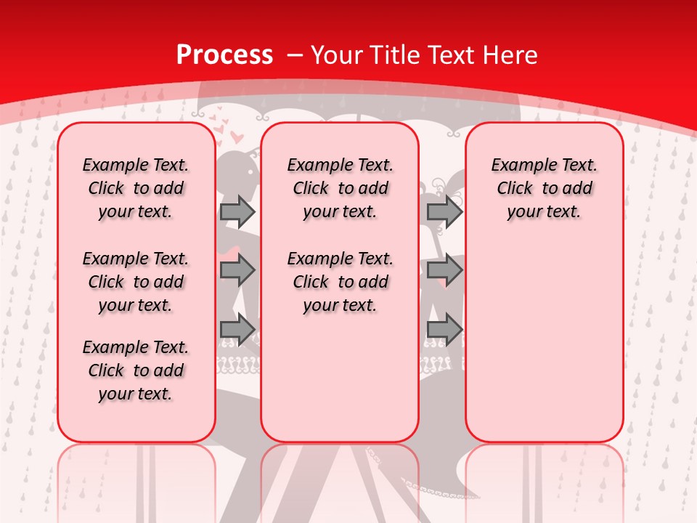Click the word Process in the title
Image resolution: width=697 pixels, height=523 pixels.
coord(225,55)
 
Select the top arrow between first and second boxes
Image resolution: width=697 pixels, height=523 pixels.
coord(237,211)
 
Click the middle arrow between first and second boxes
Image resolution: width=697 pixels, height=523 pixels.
coord(237,271)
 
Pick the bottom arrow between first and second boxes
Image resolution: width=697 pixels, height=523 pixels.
coord(237,330)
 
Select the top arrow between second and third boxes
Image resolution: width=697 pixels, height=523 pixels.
coord(444,211)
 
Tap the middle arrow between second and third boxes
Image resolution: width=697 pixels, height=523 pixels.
coord(444,271)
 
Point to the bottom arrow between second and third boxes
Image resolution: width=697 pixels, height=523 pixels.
coord(444,330)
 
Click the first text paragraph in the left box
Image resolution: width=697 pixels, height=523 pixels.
coord(136,188)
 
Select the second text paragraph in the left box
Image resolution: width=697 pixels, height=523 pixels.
coord(136,282)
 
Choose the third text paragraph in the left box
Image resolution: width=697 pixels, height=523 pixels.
coord(136,370)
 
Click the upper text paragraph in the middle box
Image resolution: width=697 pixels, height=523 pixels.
coord(340,188)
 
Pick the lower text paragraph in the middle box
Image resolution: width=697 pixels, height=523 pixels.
coord(340,282)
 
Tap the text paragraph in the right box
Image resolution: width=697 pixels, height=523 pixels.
coord(544,188)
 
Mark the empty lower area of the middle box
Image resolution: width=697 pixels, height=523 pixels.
coord(340,378)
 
